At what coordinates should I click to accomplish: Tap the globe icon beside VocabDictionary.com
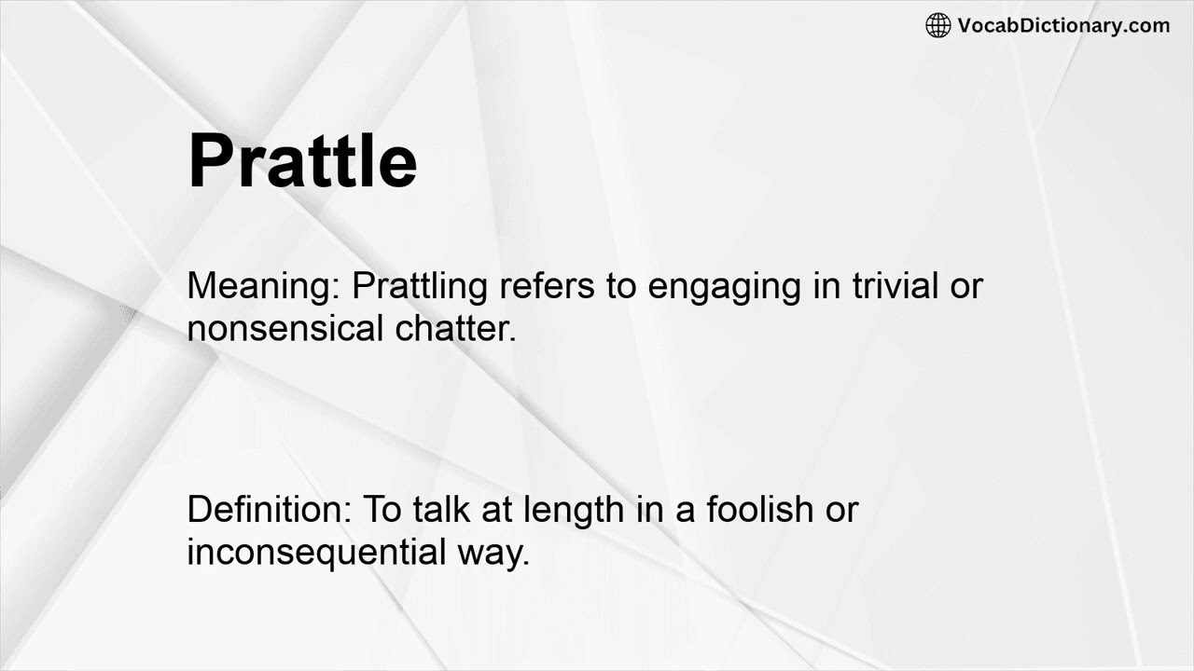click(x=937, y=25)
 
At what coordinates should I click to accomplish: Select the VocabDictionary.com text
click(x=1063, y=25)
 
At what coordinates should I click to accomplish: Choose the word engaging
click(x=724, y=286)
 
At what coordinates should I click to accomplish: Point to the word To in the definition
click(x=381, y=510)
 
